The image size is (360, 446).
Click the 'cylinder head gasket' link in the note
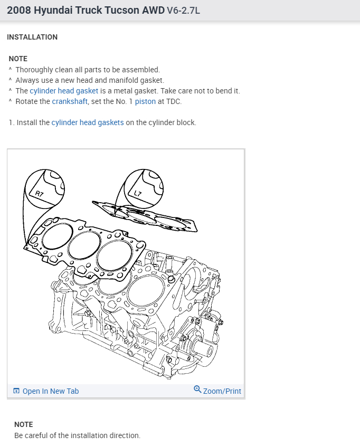coord(64,91)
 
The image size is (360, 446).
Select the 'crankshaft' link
coord(70,101)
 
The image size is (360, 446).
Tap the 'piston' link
coord(145,101)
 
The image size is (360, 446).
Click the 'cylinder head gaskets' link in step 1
coord(88,122)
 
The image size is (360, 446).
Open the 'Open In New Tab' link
coord(51,391)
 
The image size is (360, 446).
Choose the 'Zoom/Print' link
coord(222,391)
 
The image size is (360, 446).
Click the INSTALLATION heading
coord(32,37)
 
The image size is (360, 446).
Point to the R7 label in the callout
coord(40,194)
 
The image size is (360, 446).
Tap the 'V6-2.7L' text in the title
coord(184,11)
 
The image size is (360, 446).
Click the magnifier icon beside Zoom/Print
coord(197,390)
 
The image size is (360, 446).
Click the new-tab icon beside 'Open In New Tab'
coord(16,391)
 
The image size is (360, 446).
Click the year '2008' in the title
coord(19,10)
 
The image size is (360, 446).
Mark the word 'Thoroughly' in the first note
coord(34,70)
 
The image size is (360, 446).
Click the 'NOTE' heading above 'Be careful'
coord(24,424)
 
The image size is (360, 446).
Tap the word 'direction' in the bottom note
coord(124,435)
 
